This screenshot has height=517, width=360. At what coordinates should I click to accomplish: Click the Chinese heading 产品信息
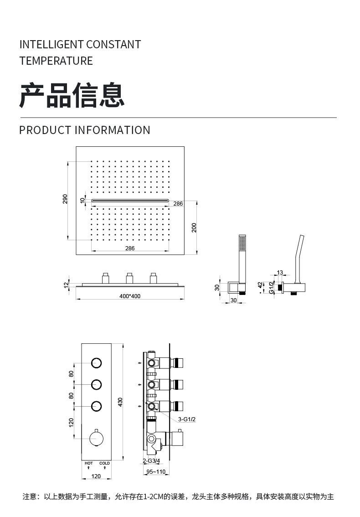(72, 95)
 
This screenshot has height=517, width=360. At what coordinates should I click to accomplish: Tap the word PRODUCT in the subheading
(45, 130)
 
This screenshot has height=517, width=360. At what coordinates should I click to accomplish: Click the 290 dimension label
(65, 199)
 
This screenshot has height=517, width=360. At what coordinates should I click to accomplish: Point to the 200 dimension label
(194, 227)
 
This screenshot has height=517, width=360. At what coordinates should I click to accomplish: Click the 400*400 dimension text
(130, 296)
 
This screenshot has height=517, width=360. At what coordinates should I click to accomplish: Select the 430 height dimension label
(121, 402)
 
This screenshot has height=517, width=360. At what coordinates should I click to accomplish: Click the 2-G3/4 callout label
(151, 461)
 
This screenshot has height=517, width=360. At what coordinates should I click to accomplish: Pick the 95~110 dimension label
(156, 472)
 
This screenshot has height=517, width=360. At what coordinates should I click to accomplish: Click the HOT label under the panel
(89, 463)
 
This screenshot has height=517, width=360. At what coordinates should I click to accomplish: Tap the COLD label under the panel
(104, 463)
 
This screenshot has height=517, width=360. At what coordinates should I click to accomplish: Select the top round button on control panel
(96, 363)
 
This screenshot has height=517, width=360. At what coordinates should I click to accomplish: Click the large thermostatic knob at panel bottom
(96, 439)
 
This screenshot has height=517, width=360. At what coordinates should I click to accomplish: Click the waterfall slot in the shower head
(130, 200)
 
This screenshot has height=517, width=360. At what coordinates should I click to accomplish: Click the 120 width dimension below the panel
(96, 476)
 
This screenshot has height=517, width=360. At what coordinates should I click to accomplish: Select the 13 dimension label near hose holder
(280, 273)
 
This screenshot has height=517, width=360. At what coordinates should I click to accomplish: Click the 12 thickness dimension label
(66, 284)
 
